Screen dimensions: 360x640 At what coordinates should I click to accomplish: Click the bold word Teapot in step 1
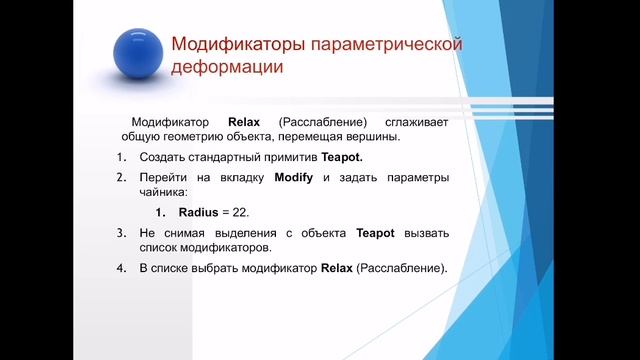(339, 158)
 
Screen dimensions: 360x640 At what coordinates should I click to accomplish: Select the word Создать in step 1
(161, 158)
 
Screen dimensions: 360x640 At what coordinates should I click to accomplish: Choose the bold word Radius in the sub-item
(199, 213)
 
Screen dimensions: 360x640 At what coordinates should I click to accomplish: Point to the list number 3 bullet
(120, 232)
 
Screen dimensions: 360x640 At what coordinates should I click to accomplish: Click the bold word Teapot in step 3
(376, 232)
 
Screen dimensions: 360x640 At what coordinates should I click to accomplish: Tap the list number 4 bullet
(120, 268)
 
